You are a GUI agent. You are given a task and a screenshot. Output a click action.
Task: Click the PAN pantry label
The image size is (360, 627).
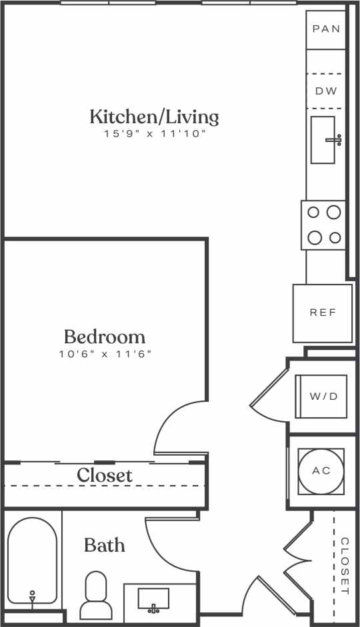click(326, 29)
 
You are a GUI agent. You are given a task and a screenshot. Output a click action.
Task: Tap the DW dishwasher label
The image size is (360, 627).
click(326, 91)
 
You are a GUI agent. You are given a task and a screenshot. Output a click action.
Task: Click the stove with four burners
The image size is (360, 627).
click(323, 225)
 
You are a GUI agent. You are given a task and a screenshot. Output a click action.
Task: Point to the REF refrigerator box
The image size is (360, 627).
click(323, 313)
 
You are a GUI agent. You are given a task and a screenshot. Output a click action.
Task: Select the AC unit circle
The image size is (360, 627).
click(321, 470)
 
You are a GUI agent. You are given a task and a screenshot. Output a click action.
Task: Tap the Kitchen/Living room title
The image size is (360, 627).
click(154, 117)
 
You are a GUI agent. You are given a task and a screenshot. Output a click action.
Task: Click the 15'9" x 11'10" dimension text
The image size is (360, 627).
click(154, 134)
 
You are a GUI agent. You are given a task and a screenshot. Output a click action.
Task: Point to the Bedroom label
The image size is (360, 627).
click(105, 336)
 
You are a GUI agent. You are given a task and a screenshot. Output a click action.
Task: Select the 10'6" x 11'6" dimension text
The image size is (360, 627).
click(105, 353)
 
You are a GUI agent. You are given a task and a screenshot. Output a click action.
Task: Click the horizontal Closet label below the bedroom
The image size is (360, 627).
click(105, 476)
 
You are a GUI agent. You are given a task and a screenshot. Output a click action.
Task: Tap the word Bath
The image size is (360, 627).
click(104, 545)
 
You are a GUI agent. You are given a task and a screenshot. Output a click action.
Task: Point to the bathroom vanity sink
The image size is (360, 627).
click(153, 598)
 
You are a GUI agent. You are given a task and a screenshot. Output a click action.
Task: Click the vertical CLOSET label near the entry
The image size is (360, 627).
click(344, 566)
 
